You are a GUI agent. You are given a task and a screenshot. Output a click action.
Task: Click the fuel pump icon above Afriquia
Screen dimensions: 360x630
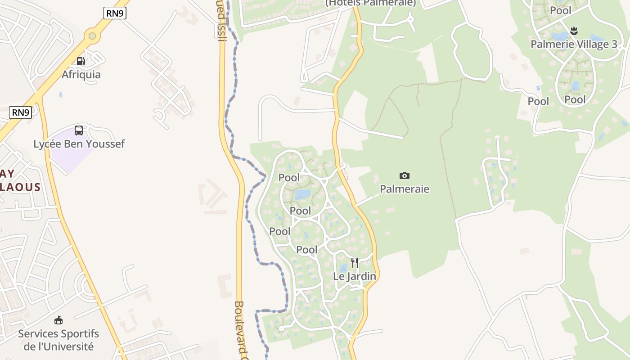81,61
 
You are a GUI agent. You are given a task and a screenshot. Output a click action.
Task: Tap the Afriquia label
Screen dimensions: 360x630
81,74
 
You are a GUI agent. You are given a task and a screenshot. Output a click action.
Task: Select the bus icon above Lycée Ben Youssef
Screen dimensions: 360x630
79,130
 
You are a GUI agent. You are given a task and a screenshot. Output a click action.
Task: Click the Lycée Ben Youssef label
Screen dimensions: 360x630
79,144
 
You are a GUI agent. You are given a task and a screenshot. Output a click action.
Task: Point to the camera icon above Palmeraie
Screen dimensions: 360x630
405,175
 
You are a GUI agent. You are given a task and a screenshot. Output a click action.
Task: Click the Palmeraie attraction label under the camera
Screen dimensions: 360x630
405,189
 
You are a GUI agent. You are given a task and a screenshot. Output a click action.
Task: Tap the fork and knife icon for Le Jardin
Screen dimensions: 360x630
355,262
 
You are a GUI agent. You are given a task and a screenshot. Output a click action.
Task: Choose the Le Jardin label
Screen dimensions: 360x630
355,276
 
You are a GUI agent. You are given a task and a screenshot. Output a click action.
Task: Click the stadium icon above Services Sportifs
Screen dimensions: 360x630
58,320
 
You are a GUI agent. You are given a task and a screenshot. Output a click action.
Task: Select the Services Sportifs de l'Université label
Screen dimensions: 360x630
58,340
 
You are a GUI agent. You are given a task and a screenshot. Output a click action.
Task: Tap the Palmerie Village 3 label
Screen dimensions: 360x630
574,44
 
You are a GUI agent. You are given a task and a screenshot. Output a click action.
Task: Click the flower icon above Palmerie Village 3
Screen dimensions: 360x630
574,31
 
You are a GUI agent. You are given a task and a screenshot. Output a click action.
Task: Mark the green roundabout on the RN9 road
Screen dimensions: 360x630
92,35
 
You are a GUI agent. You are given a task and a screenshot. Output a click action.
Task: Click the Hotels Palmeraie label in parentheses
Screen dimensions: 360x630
371,3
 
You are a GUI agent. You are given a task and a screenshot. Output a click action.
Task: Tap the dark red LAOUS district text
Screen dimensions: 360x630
20,187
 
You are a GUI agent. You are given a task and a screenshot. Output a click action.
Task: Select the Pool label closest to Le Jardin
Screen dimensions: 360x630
307,250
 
